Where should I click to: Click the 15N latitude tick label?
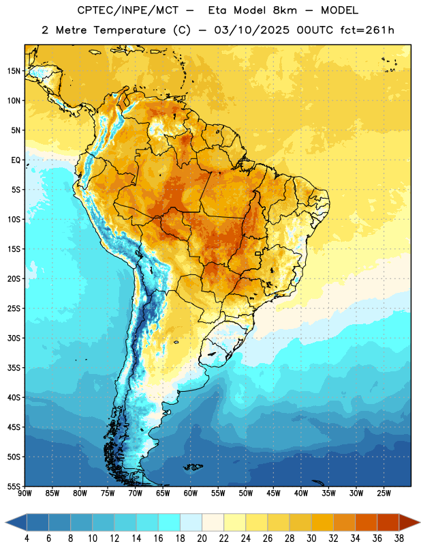pyautogui.click(x=14, y=71)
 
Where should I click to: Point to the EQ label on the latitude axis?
pyautogui.click(x=16, y=160)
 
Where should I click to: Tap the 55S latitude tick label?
pyautogui.click(x=14, y=486)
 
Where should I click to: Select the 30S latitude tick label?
pyautogui.click(x=14, y=338)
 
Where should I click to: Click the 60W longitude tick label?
pyautogui.click(x=191, y=493)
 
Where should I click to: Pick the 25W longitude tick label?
pyautogui.click(x=384, y=493)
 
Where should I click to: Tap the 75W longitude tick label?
pyautogui.click(x=108, y=493)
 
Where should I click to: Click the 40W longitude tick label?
pyautogui.click(x=301, y=493)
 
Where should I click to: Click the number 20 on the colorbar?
pyautogui.click(x=202, y=538)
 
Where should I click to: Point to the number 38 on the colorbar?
pyautogui.click(x=399, y=538)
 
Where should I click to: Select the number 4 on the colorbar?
pyautogui.click(x=27, y=538)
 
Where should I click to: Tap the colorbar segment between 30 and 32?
pyautogui.click(x=322, y=523)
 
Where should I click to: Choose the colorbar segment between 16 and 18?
pyautogui.click(x=170, y=523)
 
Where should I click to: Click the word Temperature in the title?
pyautogui.click(x=129, y=30)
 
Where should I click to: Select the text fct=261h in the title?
pyautogui.click(x=367, y=30)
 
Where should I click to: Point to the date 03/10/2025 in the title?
pyautogui.click(x=251, y=30)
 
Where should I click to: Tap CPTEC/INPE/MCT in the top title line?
pyautogui.click(x=127, y=11)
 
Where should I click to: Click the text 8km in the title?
pyautogui.click(x=285, y=10)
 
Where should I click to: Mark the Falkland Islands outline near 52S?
pyautogui.click(x=193, y=467)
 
